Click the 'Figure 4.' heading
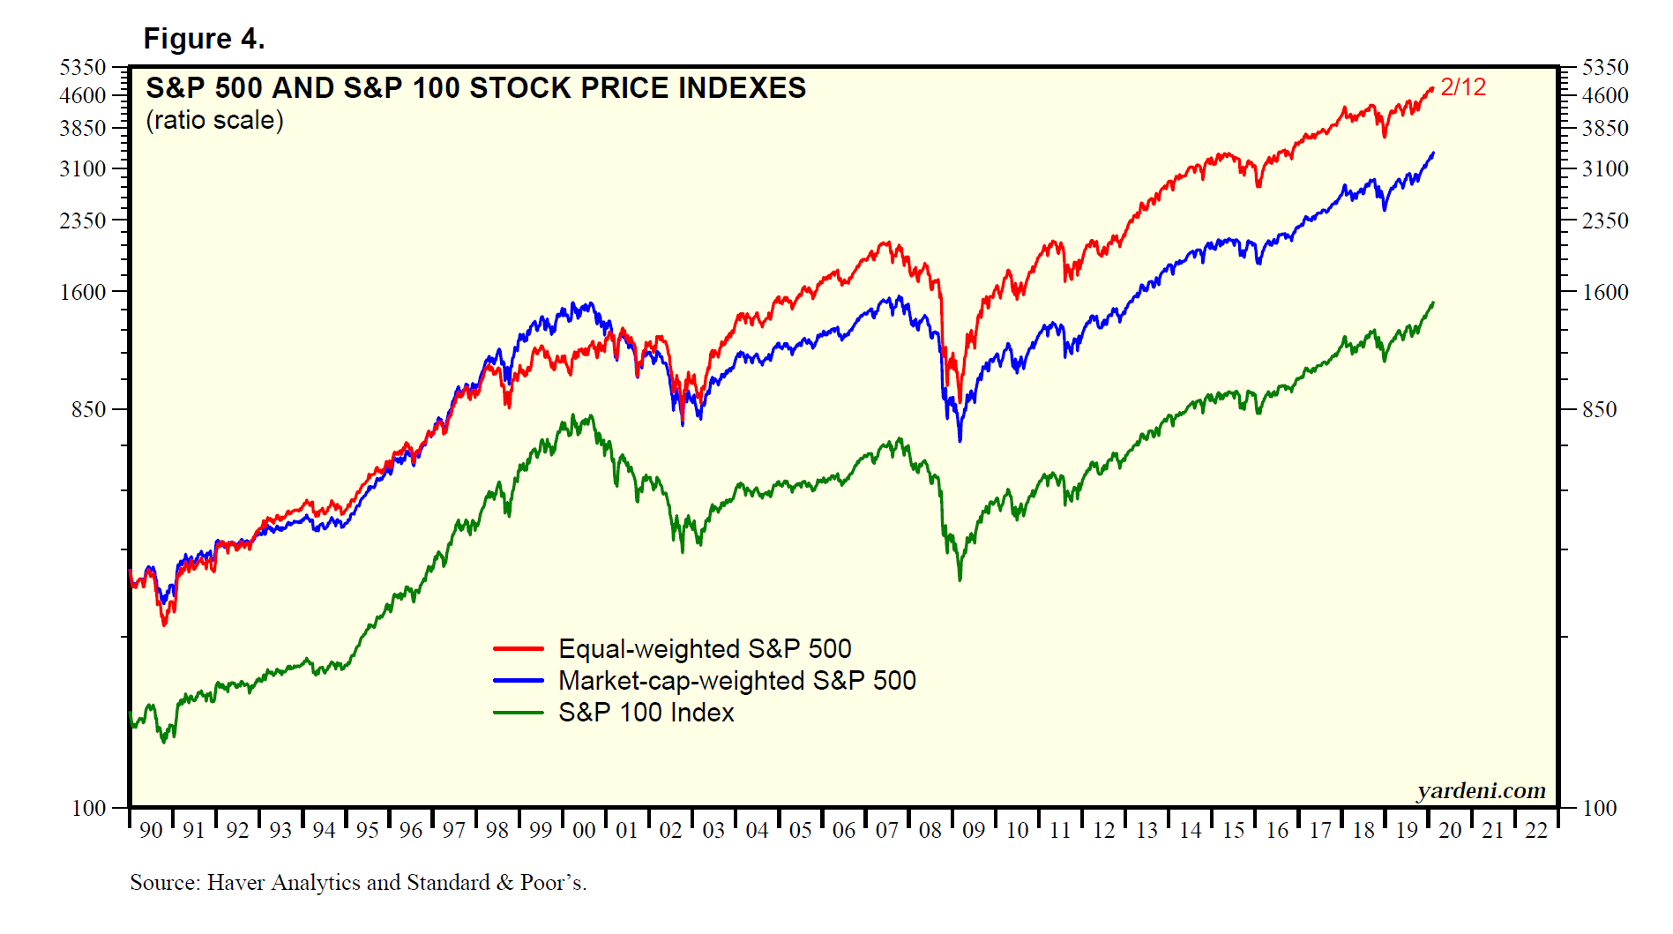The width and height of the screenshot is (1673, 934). tap(204, 39)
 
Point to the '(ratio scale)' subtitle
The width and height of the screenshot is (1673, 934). tap(214, 120)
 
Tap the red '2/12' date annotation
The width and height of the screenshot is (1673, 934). tap(1463, 87)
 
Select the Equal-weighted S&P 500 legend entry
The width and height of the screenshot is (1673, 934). tap(705, 649)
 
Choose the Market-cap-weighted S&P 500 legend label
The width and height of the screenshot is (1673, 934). tap(737, 681)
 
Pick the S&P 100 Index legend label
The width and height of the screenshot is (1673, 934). tap(646, 713)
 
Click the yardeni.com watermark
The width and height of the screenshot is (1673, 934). tap(1481, 790)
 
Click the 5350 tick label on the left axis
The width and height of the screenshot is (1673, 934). tap(83, 68)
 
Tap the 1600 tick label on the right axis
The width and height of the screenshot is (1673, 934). tap(1605, 293)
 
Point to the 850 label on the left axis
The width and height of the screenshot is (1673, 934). tap(89, 410)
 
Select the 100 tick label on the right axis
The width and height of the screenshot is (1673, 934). tap(1599, 809)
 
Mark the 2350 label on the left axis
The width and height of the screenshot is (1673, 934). tap(83, 220)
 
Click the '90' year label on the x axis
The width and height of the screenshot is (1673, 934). tap(151, 831)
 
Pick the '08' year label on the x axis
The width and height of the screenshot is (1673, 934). tap(930, 831)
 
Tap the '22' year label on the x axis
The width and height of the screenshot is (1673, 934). tap(1536, 831)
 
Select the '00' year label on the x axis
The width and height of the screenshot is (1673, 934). tap(584, 831)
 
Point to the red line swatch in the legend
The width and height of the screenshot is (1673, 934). tap(519, 649)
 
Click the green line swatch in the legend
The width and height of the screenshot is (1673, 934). tap(519, 713)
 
